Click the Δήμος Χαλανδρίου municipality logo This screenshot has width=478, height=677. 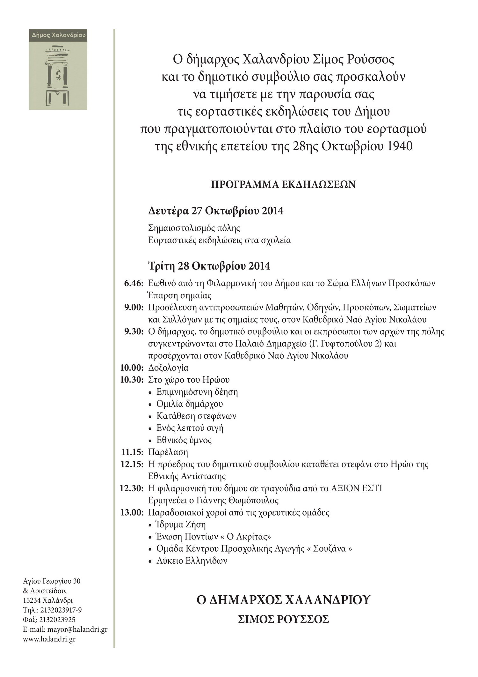[x=58, y=69]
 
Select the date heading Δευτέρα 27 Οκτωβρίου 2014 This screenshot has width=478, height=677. [x=216, y=211]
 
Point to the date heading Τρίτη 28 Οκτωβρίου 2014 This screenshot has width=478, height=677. [x=209, y=266]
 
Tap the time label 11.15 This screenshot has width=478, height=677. [x=132, y=452]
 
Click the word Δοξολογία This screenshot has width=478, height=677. [x=168, y=368]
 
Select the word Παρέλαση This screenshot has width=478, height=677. [x=168, y=452]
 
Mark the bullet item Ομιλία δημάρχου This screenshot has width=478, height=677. [x=190, y=404]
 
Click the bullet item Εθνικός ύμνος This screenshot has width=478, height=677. [x=184, y=440]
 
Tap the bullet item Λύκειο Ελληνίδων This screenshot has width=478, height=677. [x=192, y=561]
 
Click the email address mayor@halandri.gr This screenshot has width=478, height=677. [x=77, y=629]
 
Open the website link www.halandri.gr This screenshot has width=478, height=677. [x=49, y=639]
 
